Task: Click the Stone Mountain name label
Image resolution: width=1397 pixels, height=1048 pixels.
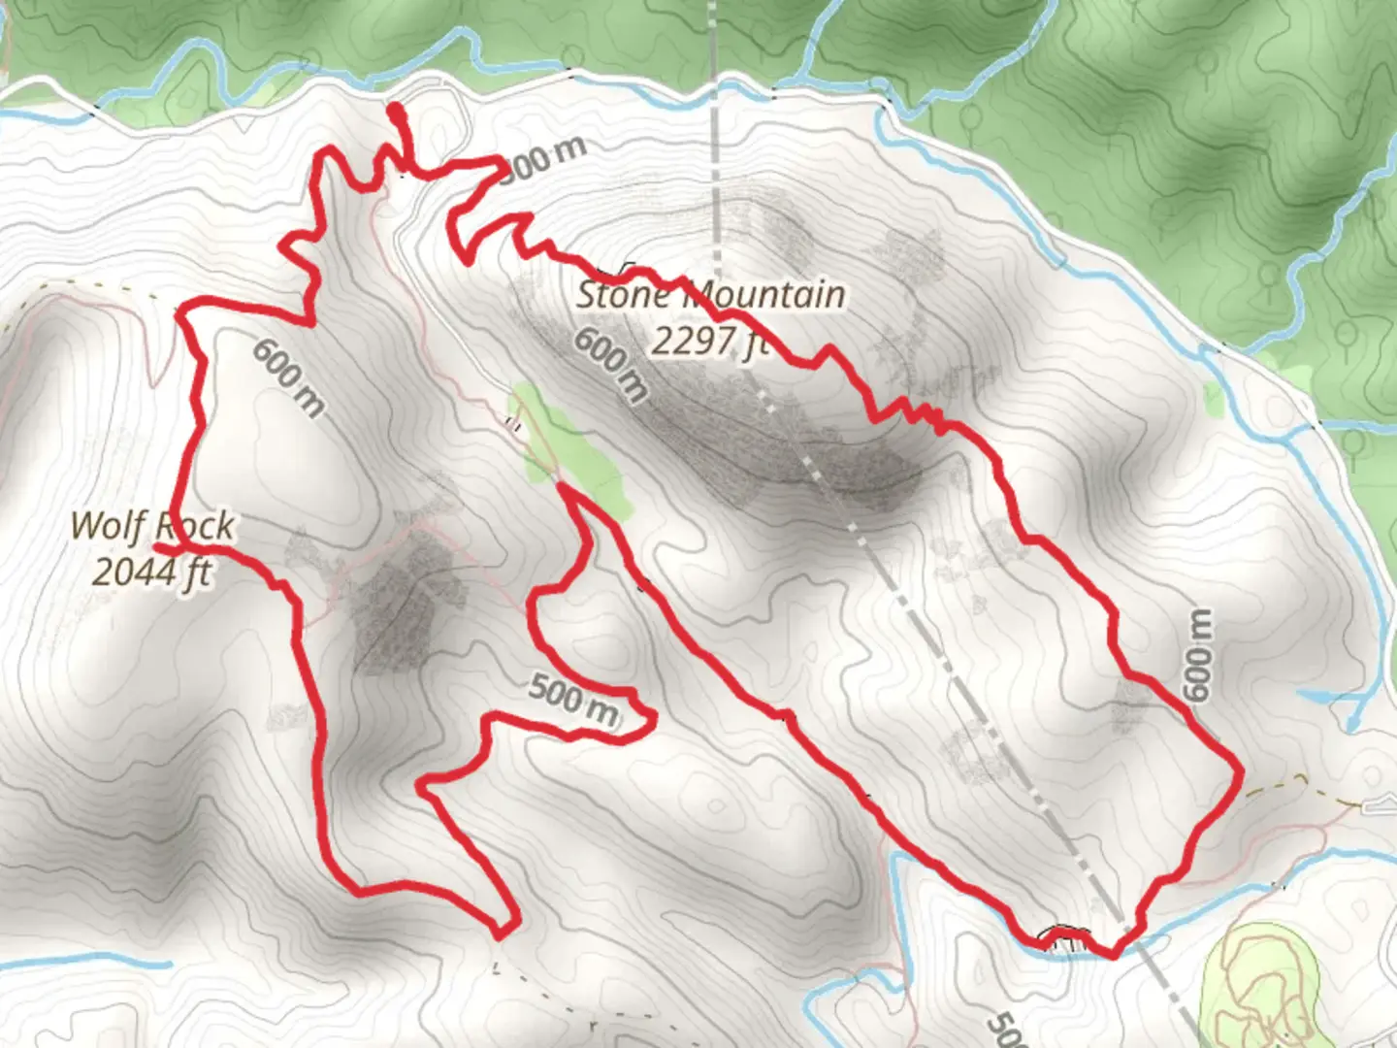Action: [x=710, y=294]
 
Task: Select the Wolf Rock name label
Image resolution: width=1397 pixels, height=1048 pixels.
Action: [x=152, y=526]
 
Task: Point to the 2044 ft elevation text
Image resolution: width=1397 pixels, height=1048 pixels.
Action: [x=152, y=572]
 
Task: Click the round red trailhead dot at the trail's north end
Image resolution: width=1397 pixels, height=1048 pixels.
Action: [x=396, y=113]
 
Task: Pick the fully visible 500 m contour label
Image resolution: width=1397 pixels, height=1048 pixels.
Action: [x=573, y=701]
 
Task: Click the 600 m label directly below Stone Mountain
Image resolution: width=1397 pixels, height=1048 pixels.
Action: [x=610, y=364]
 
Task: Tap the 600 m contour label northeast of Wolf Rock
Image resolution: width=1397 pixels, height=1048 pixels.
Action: [x=289, y=377]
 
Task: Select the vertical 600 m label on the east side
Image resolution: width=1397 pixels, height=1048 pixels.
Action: [x=1199, y=654]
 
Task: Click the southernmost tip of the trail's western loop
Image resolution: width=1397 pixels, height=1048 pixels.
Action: [x=501, y=935]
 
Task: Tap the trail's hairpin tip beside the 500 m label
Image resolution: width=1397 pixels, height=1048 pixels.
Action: [x=652, y=719]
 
